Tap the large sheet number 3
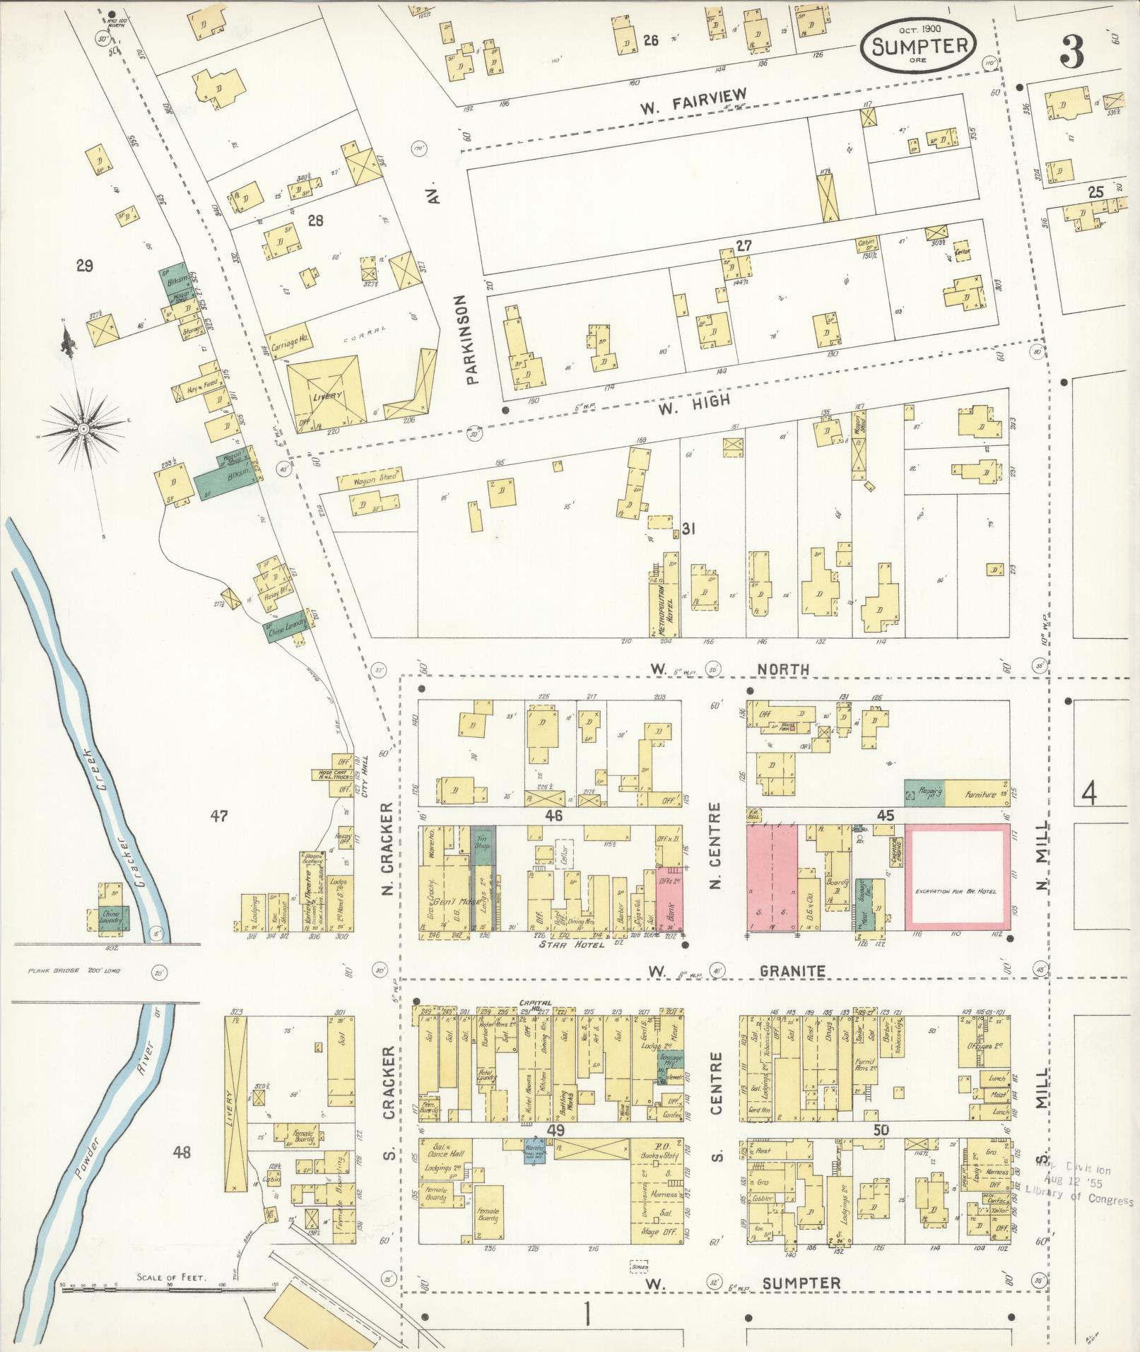pyautogui.click(x=1071, y=54)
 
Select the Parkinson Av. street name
pyautogui.click(x=473, y=339)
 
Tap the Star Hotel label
pyautogui.click(x=572, y=944)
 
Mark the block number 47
pyautogui.click(x=218, y=816)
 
